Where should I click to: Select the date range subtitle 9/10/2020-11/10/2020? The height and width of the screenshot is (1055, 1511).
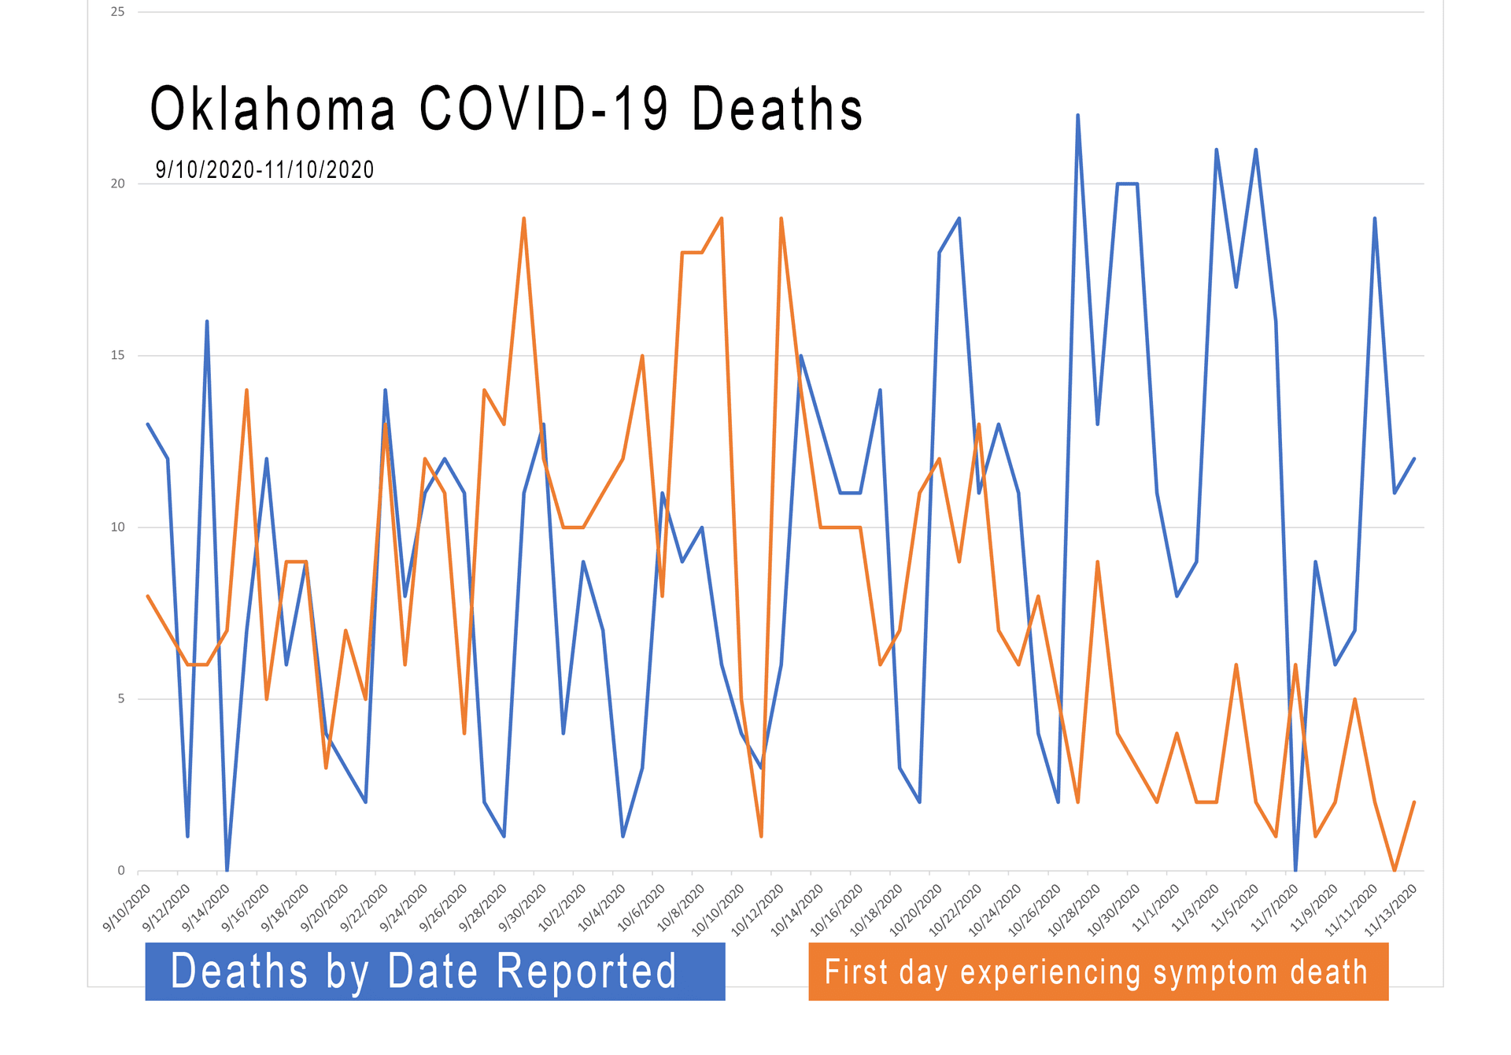[x=264, y=169]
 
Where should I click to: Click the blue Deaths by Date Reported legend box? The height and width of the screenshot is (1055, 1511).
[x=434, y=971]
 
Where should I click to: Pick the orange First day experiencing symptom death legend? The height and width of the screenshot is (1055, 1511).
[x=1098, y=972]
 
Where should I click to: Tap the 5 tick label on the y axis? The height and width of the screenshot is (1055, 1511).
[x=121, y=698]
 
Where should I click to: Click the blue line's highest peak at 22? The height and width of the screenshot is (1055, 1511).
[x=1077, y=115]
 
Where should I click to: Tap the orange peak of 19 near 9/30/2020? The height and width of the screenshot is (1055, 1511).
[x=523, y=218]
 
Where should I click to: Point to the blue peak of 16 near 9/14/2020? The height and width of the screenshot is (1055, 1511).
[x=207, y=321]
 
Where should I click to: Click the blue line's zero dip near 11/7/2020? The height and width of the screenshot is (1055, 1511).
[x=1295, y=869]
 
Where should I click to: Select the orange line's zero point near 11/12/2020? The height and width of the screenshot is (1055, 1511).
[x=1395, y=869]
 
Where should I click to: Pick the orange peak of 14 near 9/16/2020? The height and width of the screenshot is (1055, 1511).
[x=246, y=390]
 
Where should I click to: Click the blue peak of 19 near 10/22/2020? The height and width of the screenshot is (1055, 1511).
[x=959, y=218]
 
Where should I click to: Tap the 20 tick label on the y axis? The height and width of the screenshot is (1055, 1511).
[x=118, y=183]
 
